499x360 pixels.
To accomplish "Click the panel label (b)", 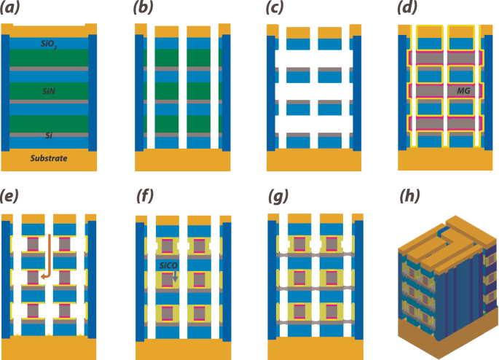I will (x=146, y=10).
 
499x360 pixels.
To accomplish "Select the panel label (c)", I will (x=278, y=10).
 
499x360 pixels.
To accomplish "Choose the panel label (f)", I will (x=146, y=196).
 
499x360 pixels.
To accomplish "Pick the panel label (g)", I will (x=278, y=196).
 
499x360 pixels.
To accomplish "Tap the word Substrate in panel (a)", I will (x=50, y=158).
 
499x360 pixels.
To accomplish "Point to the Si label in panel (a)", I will (x=49, y=135).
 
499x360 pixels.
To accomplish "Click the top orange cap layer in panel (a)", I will (x=50, y=31).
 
